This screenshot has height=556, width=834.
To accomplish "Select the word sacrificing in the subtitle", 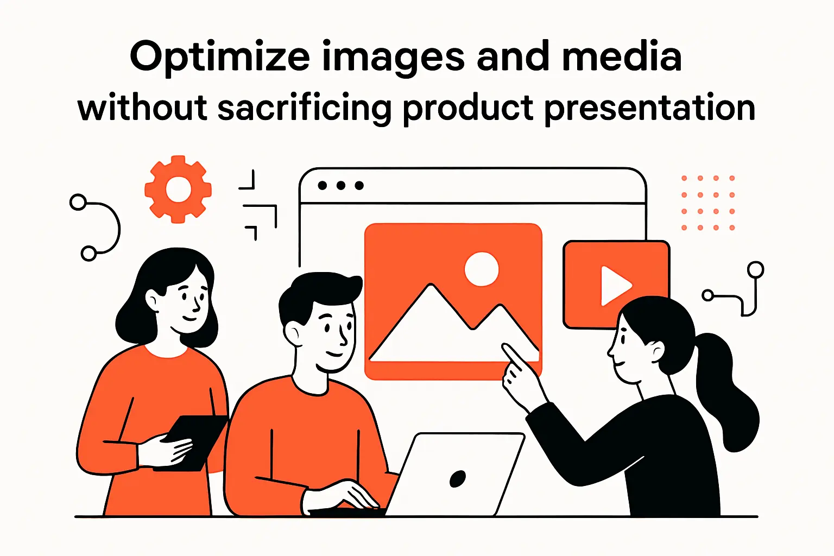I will point(304,108).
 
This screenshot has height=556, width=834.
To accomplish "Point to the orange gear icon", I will point(178,189).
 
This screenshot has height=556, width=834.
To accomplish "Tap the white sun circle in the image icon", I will point(482,269).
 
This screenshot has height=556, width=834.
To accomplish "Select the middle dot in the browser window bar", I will point(341,186).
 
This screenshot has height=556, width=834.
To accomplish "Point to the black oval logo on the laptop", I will point(458,478).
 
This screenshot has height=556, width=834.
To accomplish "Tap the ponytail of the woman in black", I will point(725,391).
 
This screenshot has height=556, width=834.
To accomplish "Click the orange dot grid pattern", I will point(708,203).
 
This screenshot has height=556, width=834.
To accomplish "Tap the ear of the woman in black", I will point(656,352).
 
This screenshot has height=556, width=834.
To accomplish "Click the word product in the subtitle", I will point(468,108).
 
